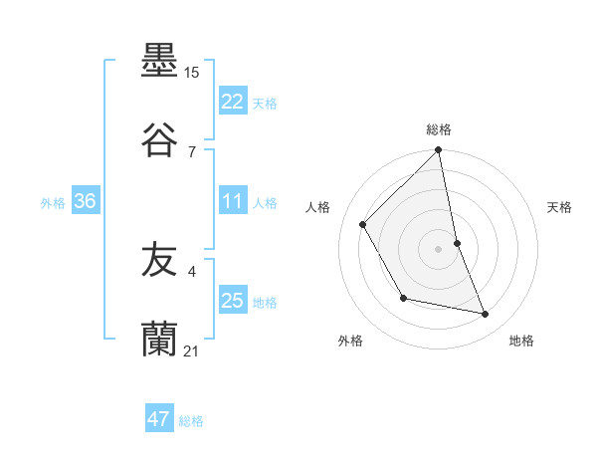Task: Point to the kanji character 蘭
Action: pyautogui.click(x=159, y=340)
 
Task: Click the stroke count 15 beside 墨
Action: pyautogui.click(x=192, y=73)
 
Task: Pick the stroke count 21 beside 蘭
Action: pyautogui.click(x=192, y=351)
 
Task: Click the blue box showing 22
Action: pyautogui.click(x=233, y=102)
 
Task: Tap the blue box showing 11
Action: pyautogui.click(x=233, y=201)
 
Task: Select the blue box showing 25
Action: pyautogui.click(x=233, y=301)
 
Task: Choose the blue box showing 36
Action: pyautogui.click(x=85, y=201)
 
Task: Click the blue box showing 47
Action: pyautogui.click(x=159, y=419)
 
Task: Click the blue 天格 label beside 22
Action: pyautogui.click(x=265, y=103)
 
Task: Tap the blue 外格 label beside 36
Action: pyautogui.click(x=53, y=202)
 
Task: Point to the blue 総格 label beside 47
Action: pyautogui.click(x=191, y=420)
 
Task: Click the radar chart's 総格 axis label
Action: pyautogui.click(x=439, y=129)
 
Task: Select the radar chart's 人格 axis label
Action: pyautogui.click(x=318, y=207)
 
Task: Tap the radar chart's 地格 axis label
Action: pyautogui.click(x=521, y=341)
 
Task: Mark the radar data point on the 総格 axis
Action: pyautogui.click(x=439, y=151)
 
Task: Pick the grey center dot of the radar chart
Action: pyautogui.click(x=439, y=248)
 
